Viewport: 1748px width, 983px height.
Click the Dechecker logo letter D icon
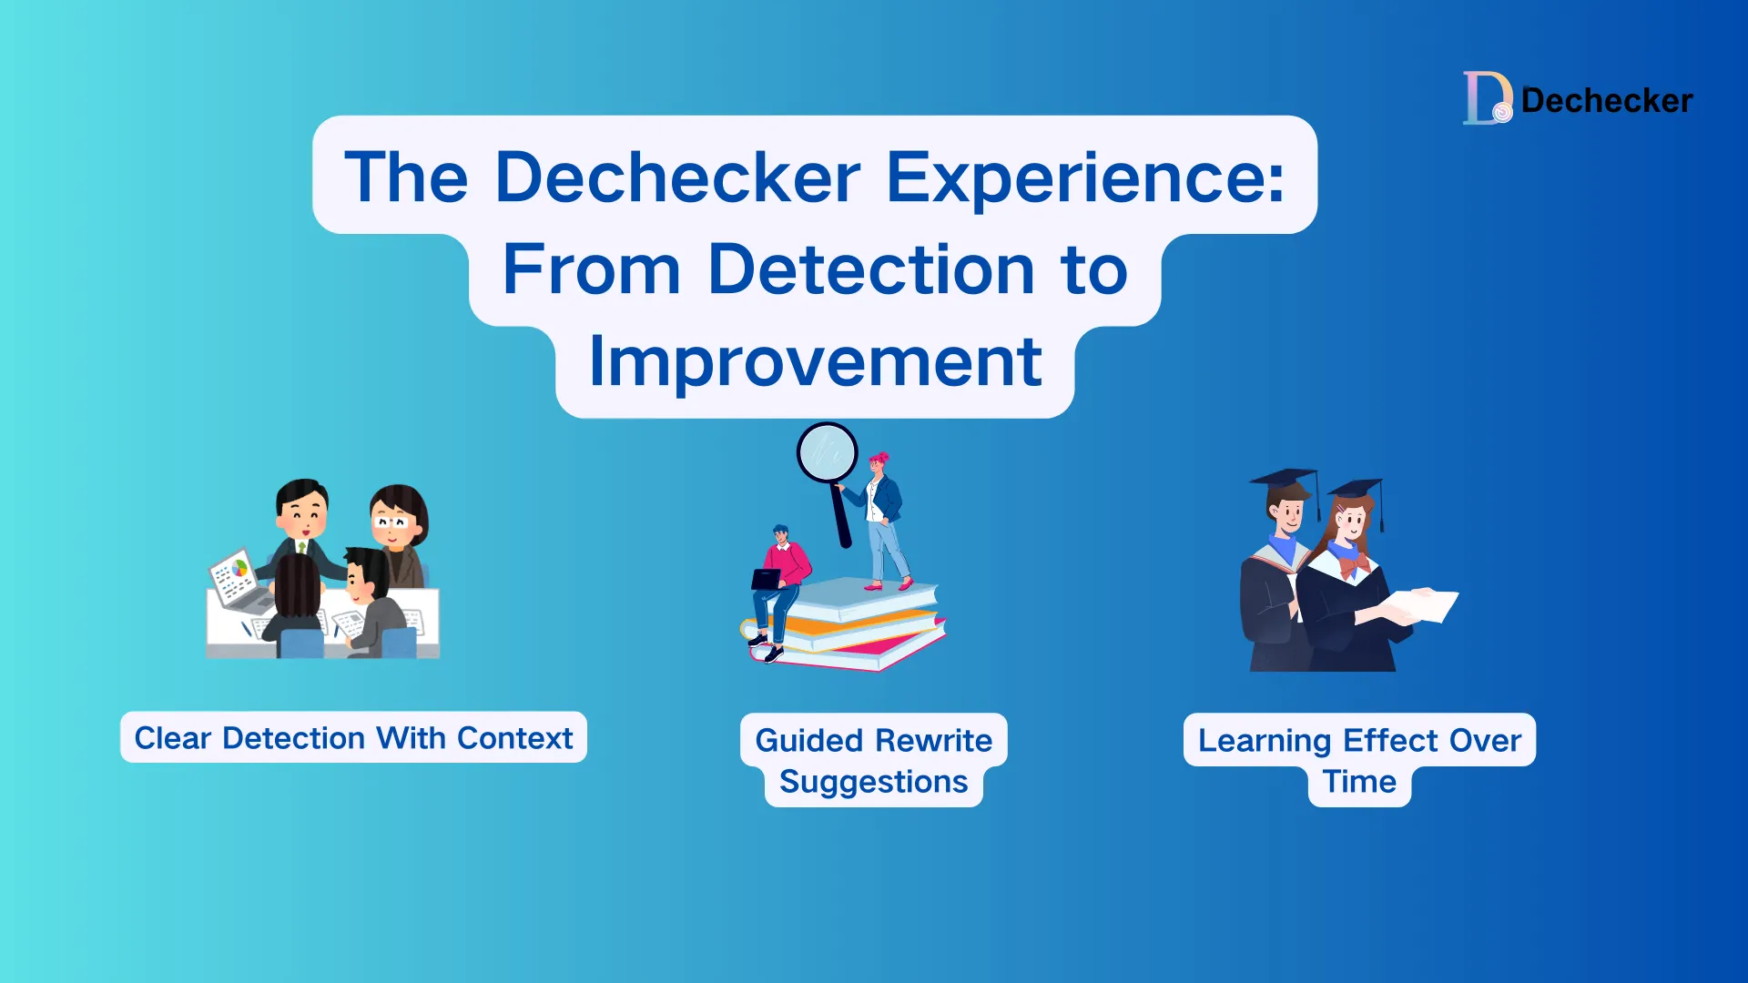coord(1486,98)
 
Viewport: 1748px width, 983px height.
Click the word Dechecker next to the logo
coord(1607,100)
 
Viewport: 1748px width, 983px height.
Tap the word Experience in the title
coord(1085,177)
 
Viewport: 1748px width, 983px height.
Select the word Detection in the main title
coord(871,269)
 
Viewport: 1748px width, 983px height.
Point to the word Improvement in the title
coord(815,362)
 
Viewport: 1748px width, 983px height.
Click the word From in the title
coord(592,269)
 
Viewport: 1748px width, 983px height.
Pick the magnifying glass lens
coord(827,452)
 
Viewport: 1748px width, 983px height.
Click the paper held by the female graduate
coord(1425,604)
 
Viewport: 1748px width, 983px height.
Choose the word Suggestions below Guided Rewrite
coord(873,782)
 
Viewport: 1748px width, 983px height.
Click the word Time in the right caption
coord(1359,782)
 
